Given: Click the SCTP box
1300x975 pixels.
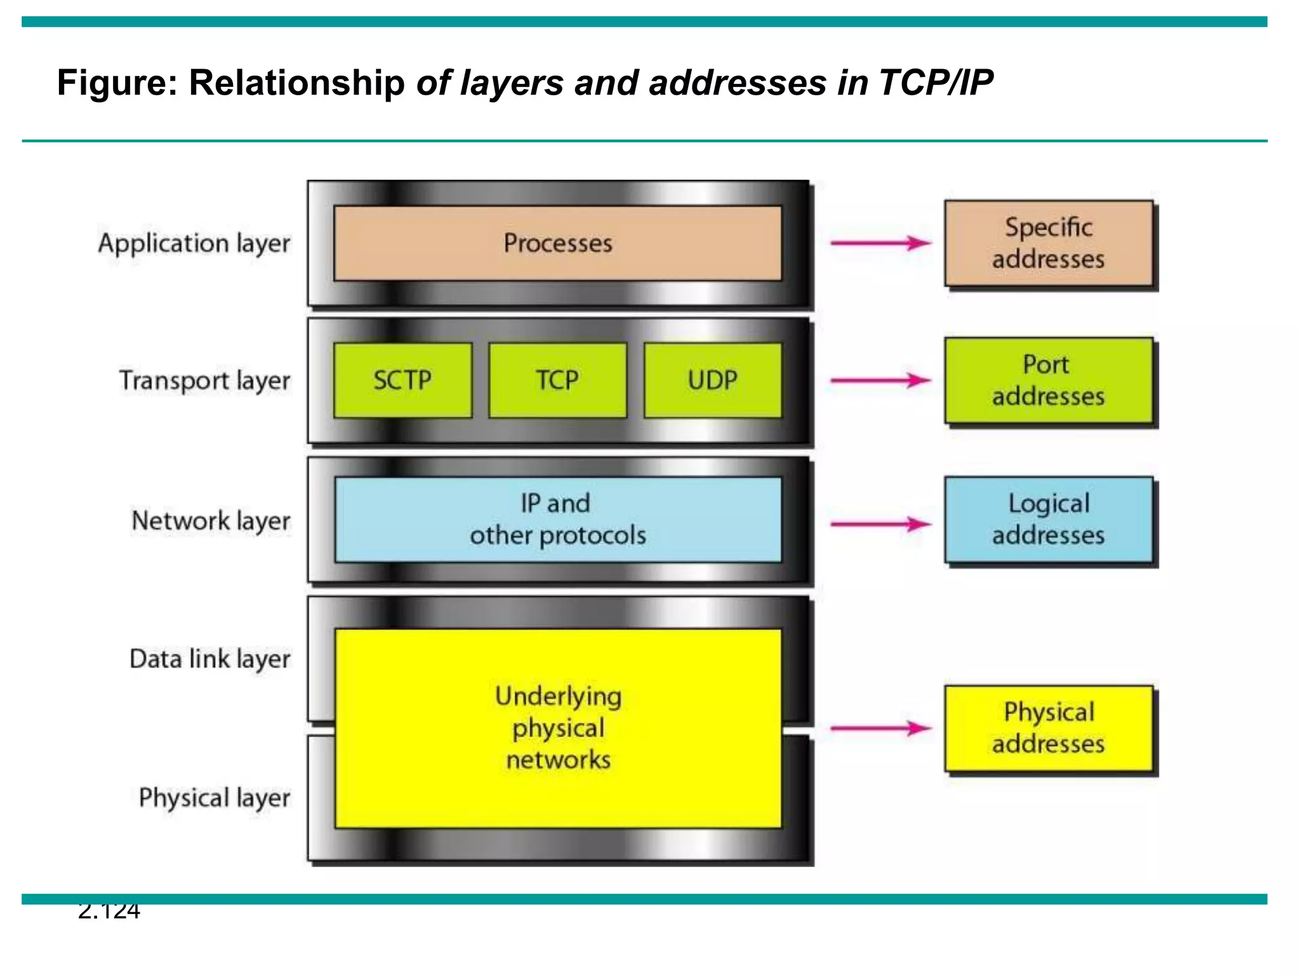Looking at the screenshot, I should (x=402, y=380).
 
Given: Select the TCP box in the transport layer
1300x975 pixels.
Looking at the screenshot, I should (x=557, y=380).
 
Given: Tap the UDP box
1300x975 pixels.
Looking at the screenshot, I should (x=712, y=380).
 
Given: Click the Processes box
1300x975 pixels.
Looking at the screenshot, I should (x=557, y=243).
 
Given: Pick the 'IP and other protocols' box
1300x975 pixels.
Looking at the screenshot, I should (x=557, y=519).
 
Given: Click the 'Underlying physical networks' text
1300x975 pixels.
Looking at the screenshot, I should (x=558, y=727).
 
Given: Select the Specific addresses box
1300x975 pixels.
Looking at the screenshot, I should (x=1048, y=244).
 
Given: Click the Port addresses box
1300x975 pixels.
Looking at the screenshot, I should (x=1048, y=380).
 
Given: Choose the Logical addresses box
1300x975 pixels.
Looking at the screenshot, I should (x=1048, y=519).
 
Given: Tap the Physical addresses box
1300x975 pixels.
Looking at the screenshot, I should (x=1048, y=728).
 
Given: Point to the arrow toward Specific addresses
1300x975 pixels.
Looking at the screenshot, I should (x=880, y=242).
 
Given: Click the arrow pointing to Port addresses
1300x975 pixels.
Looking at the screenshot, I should (x=880, y=380).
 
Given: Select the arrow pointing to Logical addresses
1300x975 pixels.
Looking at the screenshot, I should (x=880, y=524).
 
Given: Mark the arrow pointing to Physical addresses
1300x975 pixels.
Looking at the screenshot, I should (x=880, y=728).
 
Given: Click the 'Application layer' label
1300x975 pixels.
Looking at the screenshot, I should (x=194, y=244).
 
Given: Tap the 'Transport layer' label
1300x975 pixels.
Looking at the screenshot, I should (x=204, y=381).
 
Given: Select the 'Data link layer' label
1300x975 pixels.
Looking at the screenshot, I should (x=209, y=659).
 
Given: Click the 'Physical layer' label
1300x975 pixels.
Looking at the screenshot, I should (x=214, y=798).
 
